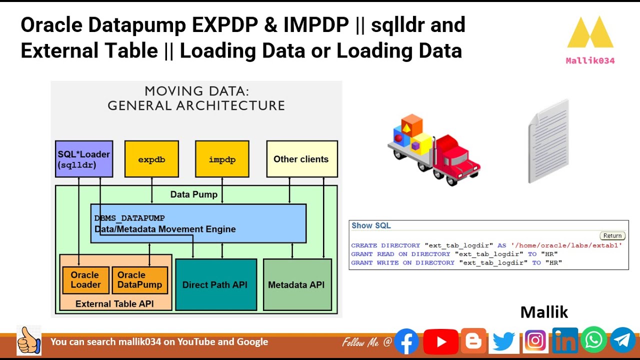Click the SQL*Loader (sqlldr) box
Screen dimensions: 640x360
[84, 159]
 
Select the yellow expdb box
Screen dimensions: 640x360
[151, 159]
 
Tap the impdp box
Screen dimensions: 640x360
[222, 159]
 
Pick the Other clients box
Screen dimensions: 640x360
[302, 159]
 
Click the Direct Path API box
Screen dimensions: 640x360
[216, 284]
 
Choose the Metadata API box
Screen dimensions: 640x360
[297, 284]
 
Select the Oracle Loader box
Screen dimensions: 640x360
[85, 280]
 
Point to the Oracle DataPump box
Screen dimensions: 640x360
[139, 280]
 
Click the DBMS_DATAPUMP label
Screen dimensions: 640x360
[129, 218]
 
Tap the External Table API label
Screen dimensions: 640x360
[114, 303]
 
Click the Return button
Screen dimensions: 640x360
[612, 235]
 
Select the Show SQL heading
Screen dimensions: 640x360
[371, 225]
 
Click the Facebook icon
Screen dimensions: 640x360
[406, 341]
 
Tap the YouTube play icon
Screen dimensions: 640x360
[441, 341]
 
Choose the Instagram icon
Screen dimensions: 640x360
[535, 341]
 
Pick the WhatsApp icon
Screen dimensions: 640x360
[593, 340]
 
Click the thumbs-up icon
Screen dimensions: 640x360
[29, 340]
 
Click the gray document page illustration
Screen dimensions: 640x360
[548, 141]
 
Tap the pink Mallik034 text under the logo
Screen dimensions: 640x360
[590, 60]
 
